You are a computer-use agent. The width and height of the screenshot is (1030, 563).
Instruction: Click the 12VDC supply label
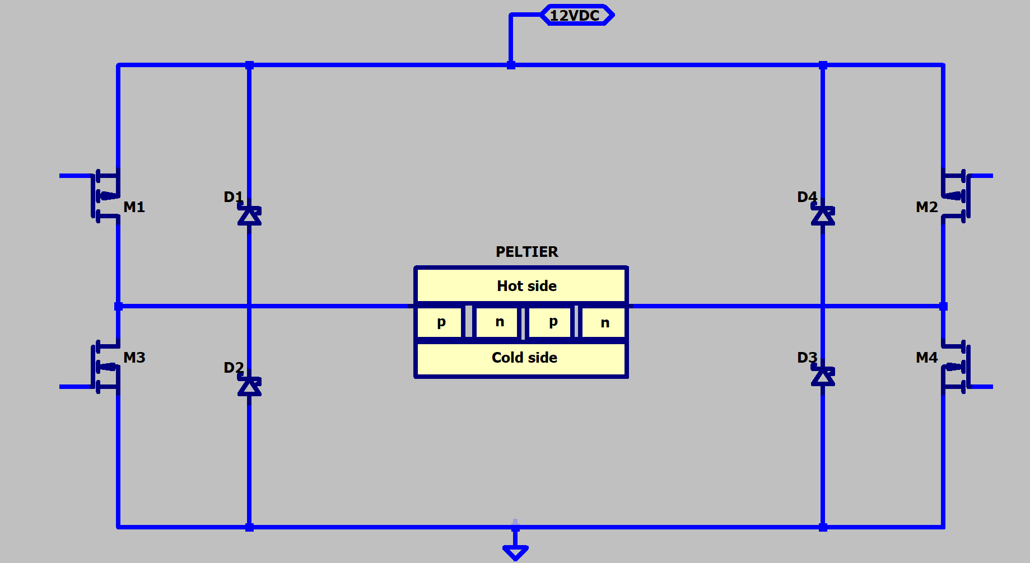tap(577, 15)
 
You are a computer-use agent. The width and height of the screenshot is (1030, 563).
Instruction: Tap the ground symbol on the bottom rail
tap(515, 550)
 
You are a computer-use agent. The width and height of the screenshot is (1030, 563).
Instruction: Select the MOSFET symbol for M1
tap(106, 196)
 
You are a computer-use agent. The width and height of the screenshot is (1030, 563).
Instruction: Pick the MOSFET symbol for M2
tap(956, 196)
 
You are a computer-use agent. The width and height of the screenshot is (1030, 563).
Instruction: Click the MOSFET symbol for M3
tap(106, 367)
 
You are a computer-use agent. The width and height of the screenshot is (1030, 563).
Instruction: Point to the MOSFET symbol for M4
tap(956, 367)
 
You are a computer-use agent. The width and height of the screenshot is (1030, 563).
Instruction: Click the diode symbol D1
tap(249, 214)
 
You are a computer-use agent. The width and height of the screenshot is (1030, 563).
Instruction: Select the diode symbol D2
tap(249, 385)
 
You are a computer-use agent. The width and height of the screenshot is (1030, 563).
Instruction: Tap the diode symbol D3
tap(823, 376)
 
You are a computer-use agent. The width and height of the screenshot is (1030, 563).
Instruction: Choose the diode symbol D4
tap(823, 214)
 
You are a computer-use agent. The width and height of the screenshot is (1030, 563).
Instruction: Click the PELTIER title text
tap(527, 252)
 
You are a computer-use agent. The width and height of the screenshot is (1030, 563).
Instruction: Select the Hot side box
tap(521, 285)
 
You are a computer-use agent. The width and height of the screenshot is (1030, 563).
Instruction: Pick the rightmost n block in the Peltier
tap(604, 322)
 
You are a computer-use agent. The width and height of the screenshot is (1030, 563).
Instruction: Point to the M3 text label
tap(134, 358)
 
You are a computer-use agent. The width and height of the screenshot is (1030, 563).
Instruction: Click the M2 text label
tap(927, 207)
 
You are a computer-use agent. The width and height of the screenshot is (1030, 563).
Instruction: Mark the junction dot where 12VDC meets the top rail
tap(511, 65)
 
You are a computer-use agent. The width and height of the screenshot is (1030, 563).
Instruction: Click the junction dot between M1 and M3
tap(118, 306)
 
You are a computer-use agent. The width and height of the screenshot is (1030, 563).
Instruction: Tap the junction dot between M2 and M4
tap(943, 306)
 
